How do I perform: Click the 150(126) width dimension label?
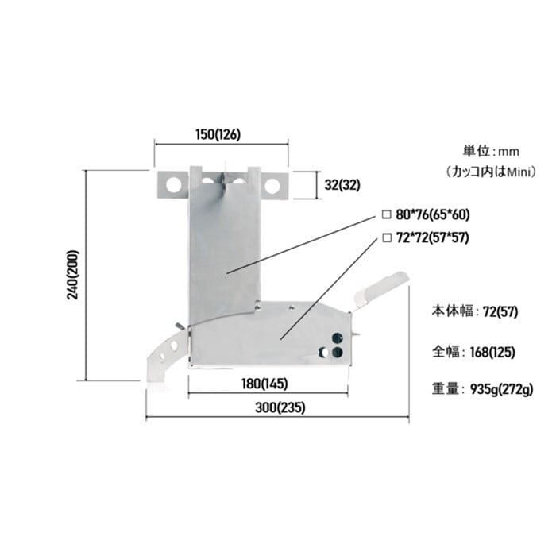coord(218,135)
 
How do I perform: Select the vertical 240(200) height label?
coord(73,275)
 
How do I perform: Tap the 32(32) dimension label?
coord(342,185)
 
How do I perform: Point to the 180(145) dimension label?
coord(264,384)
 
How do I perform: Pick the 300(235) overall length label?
coord(280,407)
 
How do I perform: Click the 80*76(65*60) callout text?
coord(433,214)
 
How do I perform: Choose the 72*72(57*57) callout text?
coord(433,237)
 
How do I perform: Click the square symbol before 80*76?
coord(386,214)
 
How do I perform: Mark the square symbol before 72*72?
coord(387,237)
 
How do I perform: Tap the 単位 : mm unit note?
coord(491,152)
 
